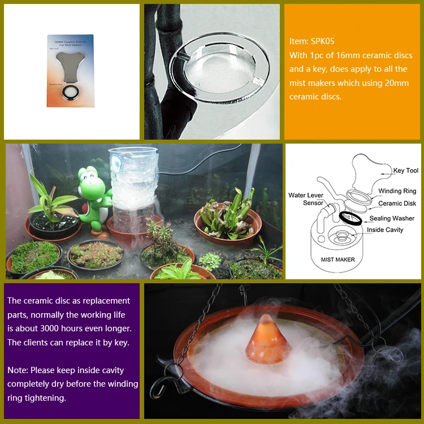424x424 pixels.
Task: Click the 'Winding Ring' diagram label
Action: pyautogui.click(x=397, y=191)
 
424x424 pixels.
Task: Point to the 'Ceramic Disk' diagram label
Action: pyautogui.click(x=397, y=204)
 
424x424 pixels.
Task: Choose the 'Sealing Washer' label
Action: pyautogui.click(x=391, y=218)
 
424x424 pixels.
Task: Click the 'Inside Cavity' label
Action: pyautogui.click(x=386, y=230)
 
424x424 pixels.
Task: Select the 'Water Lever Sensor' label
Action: pyautogui.click(x=305, y=199)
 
